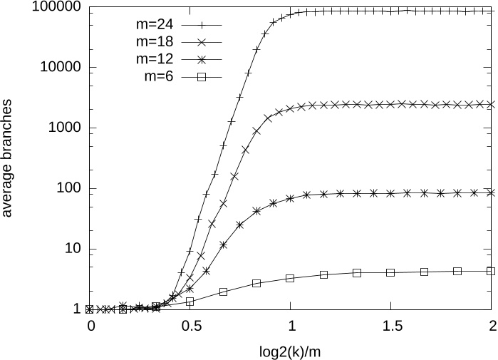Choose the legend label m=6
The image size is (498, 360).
pyautogui.click(x=160, y=77)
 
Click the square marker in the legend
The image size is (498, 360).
pyautogui.click(x=202, y=77)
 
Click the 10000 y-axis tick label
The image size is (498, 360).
pyautogui.click(x=60, y=68)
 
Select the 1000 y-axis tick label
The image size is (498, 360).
pyautogui.click(x=63, y=128)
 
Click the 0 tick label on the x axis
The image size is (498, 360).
pyautogui.click(x=90, y=326)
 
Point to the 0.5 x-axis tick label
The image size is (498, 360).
pyautogui.click(x=190, y=326)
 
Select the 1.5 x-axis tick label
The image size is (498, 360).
pyautogui.click(x=390, y=326)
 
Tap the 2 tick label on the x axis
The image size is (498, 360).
pyautogui.click(x=491, y=326)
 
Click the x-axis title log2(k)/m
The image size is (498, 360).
pyautogui.click(x=291, y=351)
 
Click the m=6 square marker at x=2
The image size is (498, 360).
pyautogui.click(x=491, y=271)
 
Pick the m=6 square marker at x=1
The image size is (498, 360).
pyautogui.click(x=290, y=278)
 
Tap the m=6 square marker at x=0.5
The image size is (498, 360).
pyautogui.click(x=190, y=302)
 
